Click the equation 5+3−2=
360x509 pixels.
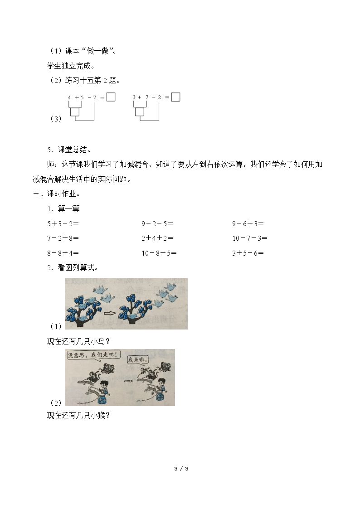[63, 223]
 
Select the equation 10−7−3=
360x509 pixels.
[250, 238]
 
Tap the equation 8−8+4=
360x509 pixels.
[63, 253]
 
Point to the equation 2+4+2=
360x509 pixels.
[157, 238]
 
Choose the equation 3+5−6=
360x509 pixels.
[248, 253]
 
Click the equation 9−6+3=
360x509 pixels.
[248, 223]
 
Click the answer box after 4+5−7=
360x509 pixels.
[111, 97]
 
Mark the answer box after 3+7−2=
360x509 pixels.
[175, 97]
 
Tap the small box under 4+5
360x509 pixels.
[75, 111]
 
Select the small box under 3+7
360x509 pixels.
[140, 111]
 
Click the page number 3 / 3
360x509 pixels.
[181, 468]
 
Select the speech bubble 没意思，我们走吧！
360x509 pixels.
[92, 354]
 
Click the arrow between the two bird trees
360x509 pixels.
[110, 313]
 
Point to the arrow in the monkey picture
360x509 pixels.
[129, 380]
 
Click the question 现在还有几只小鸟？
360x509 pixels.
[78, 341]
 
